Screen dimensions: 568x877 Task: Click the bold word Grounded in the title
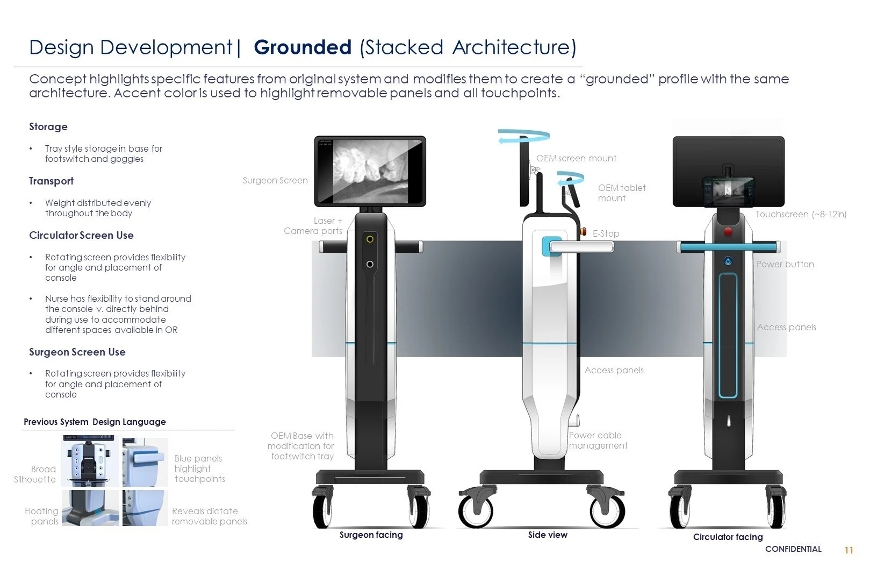point(303,47)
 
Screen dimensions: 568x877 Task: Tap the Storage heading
point(48,127)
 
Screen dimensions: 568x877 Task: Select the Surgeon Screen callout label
point(275,181)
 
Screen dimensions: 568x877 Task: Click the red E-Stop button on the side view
point(584,232)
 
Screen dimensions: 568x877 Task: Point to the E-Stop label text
point(606,233)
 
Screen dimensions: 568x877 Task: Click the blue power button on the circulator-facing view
point(728,261)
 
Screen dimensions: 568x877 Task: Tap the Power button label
point(785,265)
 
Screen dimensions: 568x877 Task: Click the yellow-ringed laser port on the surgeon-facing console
point(370,238)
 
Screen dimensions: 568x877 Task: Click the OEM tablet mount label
point(622,193)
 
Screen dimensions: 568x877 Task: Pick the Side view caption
point(548,535)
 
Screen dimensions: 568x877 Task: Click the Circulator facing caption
point(728,537)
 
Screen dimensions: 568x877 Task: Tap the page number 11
point(849,550)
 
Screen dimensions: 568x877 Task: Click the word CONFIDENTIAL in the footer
point(793,549)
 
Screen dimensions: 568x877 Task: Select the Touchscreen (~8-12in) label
point(801,215)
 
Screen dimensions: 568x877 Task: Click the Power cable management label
point(598,441)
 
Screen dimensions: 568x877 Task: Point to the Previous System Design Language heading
point(95,422)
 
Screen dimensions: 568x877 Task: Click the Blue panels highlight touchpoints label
point(199,468)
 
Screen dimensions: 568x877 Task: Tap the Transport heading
point(52,181)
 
